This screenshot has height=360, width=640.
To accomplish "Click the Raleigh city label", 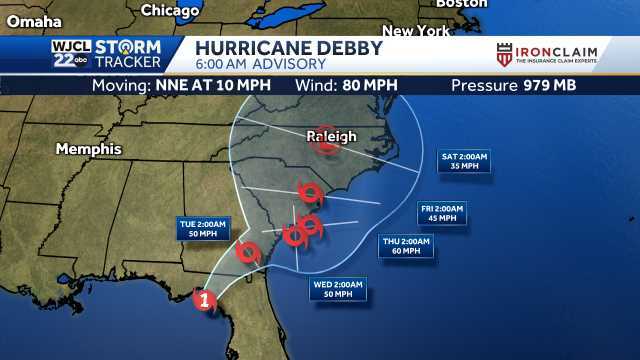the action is pyautogui.click(x=330, y=136).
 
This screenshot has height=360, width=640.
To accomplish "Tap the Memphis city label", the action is pyautogui.click(x=88, y=149).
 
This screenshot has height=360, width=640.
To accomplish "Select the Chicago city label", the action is pyautogui.click(x=170, y=10).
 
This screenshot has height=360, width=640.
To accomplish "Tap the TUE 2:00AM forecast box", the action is pyautogui.click(x=203, y=227).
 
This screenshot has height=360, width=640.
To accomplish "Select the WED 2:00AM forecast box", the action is pyautogui.click(x=337, y=289).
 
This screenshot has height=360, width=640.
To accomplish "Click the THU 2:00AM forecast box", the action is pyautogui.click(x=406, y=246).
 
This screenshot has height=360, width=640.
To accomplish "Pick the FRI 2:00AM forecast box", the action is pyautogui.click(x=441, y=213).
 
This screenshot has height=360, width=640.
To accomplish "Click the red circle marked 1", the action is pyautogui.click(x=204, y=298).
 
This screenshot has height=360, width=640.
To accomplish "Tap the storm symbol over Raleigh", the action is pyautogui.click(x=325, y=144).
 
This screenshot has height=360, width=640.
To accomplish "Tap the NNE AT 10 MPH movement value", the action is pyautogui.click(x=213, y=85).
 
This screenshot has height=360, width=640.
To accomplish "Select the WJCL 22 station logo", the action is pyautogui.click(x=70, y=54).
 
